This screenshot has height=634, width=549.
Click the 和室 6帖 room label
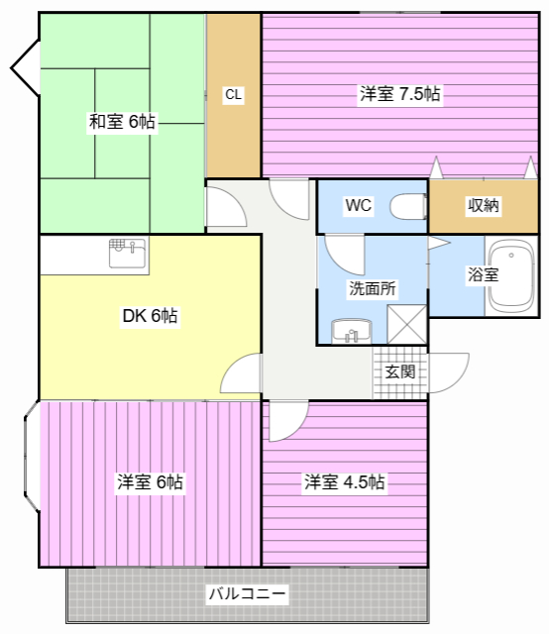click(122, 121)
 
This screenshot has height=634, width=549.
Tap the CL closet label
click(233, 95)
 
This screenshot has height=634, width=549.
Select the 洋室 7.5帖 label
click(399, 94)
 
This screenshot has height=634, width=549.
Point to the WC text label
click(358, 205)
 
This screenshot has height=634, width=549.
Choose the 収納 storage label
click(483, 205)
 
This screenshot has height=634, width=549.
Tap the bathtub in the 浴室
click(511, 275)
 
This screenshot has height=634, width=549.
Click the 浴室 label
click(483, 274)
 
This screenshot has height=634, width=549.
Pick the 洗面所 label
click(373, 288)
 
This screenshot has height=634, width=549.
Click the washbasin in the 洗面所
click(351, 332)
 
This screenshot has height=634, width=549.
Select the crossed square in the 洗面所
click(406, 324)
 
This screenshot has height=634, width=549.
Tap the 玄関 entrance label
click(399, 371)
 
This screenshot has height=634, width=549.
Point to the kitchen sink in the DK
click(127, 254)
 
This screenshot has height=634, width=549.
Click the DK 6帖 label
click(150, 316)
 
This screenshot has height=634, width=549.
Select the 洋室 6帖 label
click(150, 482)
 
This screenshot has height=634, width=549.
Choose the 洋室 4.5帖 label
click(344, 482)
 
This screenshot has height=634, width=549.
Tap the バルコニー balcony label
click(247, 593)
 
